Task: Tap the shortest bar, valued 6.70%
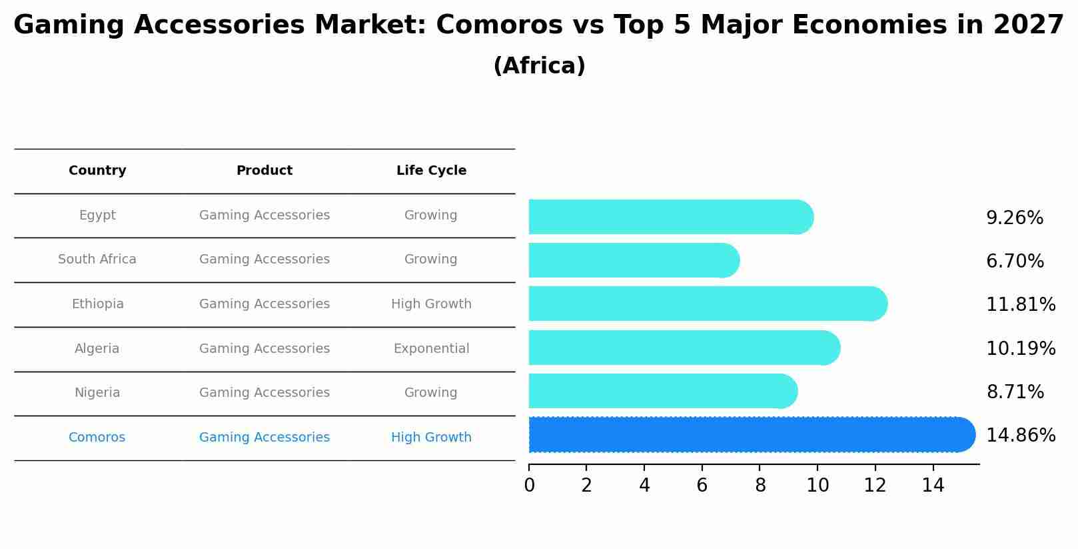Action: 634,260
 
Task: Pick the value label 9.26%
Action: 1014,218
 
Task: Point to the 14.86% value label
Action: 1020,436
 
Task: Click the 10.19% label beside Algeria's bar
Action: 1020,348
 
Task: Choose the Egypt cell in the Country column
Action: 97,215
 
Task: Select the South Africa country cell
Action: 97,259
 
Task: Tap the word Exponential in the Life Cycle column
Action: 431,349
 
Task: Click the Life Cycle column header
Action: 431,171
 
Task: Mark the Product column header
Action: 265,171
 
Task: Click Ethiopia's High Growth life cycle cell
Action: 431,304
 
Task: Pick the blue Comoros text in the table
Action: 97,438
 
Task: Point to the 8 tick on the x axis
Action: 760,486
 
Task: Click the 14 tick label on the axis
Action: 933,486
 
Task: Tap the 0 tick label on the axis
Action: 529,486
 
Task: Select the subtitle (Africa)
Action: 539,66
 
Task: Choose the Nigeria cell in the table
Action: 97,393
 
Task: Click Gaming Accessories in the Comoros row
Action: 265,438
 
